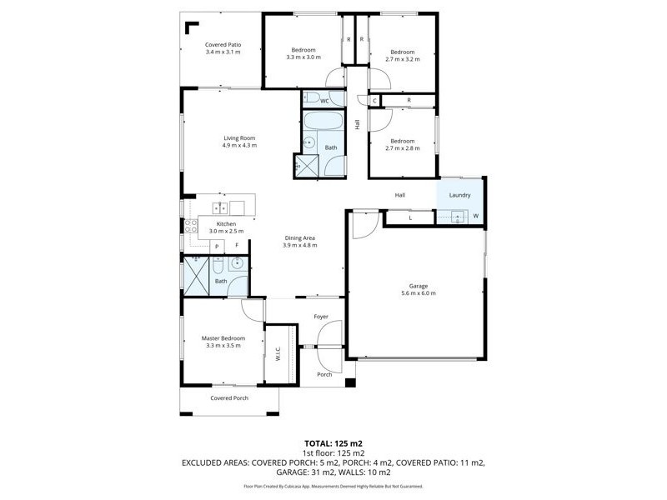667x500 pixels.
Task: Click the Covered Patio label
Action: coord(223,44)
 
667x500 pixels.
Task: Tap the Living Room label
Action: coord(238,137)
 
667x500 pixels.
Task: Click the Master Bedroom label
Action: coord(223,337)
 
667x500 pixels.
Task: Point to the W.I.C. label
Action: coord(277,352)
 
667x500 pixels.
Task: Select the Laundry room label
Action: coord(459,195)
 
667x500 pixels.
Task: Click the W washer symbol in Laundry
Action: coord(476,217)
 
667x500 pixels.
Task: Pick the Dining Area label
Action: coord(299,237)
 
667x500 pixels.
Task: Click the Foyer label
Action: coord(321,317)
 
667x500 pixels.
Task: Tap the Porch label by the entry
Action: coord(324,374)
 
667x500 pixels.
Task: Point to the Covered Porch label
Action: coord(229,397)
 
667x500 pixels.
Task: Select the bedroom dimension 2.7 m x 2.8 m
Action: coord(403,148)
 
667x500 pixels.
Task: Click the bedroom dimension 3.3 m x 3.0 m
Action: coord(303,57)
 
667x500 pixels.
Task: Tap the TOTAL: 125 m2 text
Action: coord(333,443)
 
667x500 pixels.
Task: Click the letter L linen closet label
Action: coord(410,217)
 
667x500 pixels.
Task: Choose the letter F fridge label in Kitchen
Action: coord(237,245)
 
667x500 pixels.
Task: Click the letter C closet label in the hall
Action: coord(375,101)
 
